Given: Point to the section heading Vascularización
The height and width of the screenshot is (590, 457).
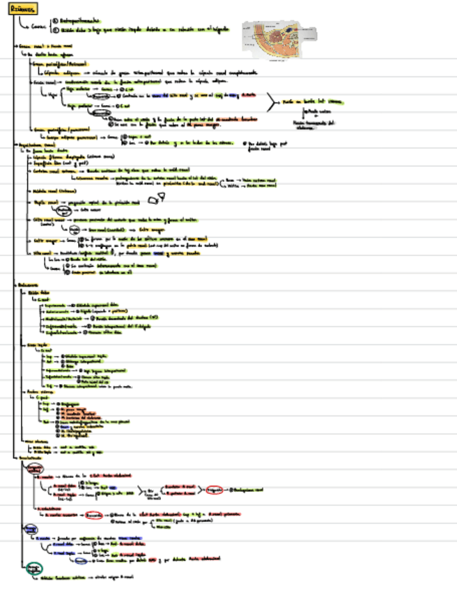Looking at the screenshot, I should click(x=30, y=459).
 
